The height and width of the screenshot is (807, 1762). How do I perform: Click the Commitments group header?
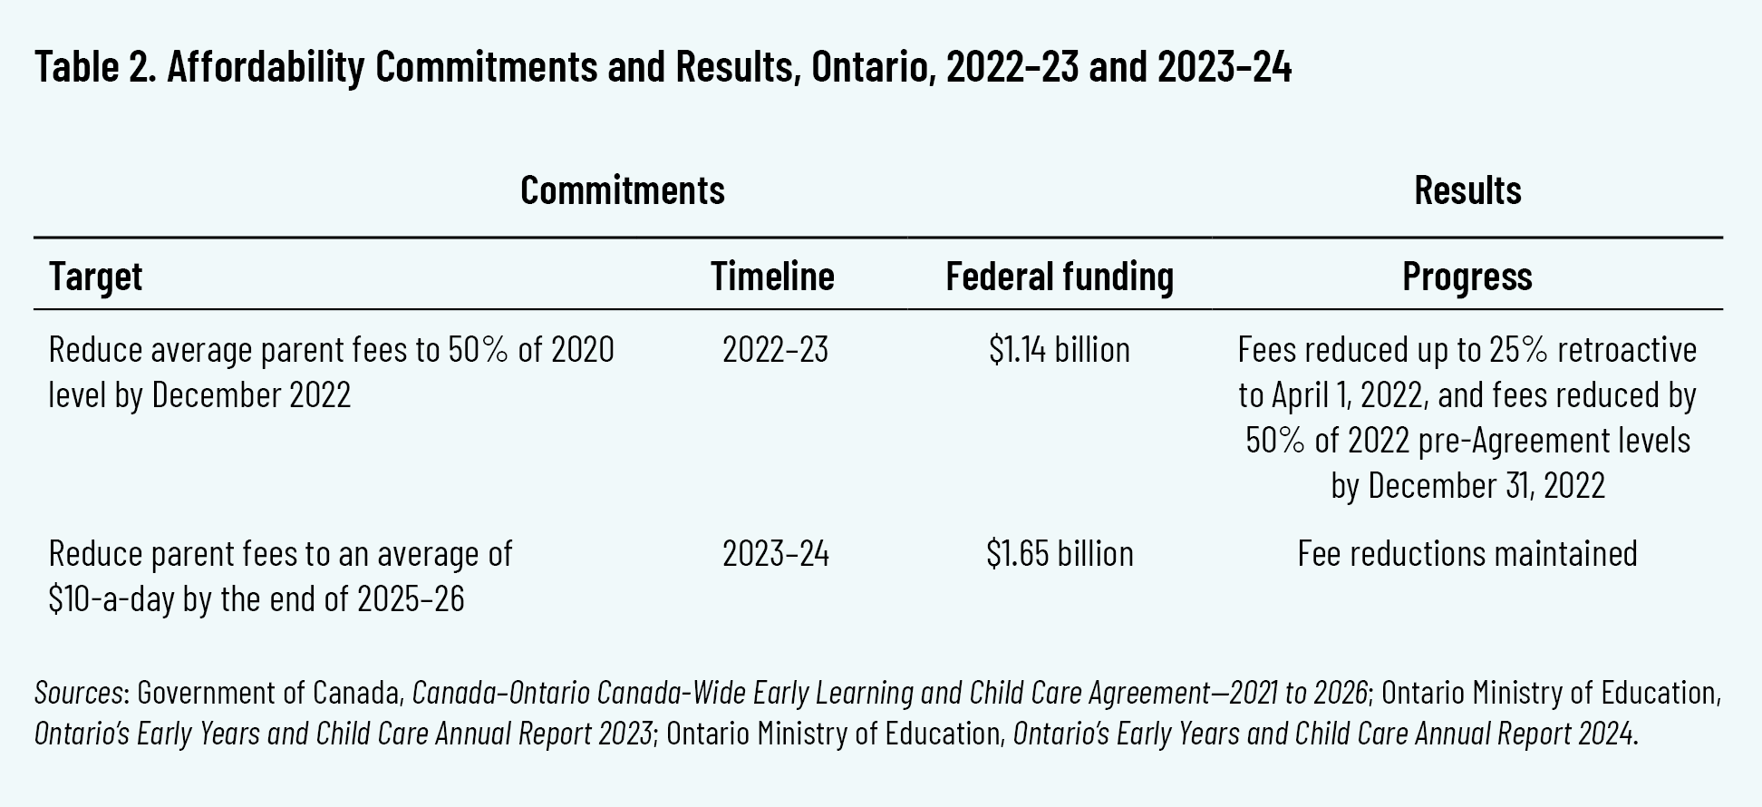click(x=622, y=190)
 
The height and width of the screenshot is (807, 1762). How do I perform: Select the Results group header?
click(x=1467, y=190)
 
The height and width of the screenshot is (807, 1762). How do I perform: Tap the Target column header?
click(x=95, y=276)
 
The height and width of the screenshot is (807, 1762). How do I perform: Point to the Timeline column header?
click(x=772, y=276)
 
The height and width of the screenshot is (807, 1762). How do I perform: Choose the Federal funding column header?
click(x=1059, y=276)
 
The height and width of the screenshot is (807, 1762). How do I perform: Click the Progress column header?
click(x=1467, y=276)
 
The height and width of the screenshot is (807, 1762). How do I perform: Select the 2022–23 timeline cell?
click(x=775, y=349)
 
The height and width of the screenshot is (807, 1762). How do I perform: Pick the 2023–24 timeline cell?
click(x=775, y=553)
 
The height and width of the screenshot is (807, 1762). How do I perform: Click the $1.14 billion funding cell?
click(x=1059, y=349)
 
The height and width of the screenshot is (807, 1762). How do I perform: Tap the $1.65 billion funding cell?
click(x=1059, y=553)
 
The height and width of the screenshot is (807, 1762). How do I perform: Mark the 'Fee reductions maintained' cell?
click(x=1467, y=553)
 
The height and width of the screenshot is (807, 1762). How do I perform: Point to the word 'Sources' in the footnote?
click(x=78, y=692)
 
